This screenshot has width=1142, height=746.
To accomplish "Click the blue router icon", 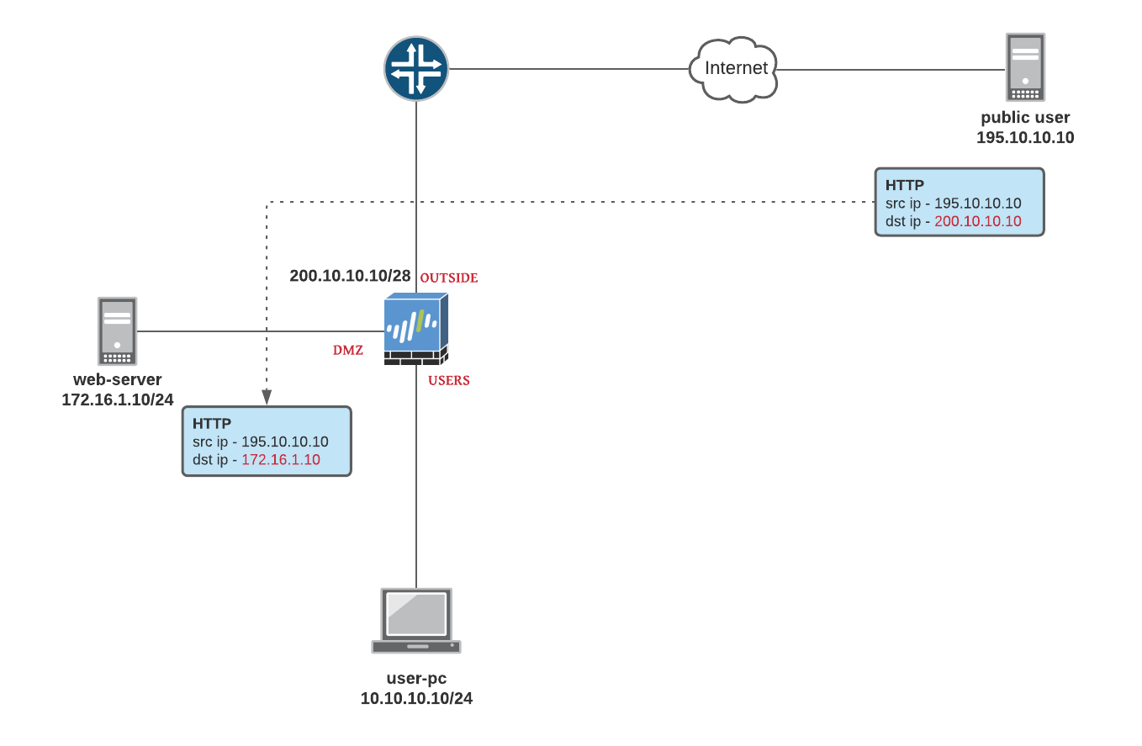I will point(416,69).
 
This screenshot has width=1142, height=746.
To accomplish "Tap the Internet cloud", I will point(733,69).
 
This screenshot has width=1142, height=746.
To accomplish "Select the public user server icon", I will point(1025,67).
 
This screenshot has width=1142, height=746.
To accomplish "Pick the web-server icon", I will point(117,331).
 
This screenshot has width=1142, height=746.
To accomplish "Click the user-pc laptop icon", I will point(416,621).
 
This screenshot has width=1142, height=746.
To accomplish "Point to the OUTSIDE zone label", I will point(449,278).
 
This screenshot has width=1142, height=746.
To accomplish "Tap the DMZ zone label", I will point(348,350).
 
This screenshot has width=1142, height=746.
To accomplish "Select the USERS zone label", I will point(449,380).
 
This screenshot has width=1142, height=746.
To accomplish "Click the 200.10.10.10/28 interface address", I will point(350,276).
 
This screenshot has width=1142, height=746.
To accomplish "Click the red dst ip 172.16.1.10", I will point(281,460).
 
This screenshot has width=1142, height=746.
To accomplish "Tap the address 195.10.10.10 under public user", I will point(1025,137).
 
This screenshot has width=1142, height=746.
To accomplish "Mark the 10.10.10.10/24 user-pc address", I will point(416,698).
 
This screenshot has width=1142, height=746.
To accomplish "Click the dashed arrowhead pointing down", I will point(267,397).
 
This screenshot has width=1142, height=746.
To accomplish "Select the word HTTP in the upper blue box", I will point(905,185).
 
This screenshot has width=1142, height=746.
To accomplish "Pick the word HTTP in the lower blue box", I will point(212,424).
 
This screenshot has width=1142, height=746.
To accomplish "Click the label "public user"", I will point(1025,118).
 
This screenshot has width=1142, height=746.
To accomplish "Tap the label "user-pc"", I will point(416,678).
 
